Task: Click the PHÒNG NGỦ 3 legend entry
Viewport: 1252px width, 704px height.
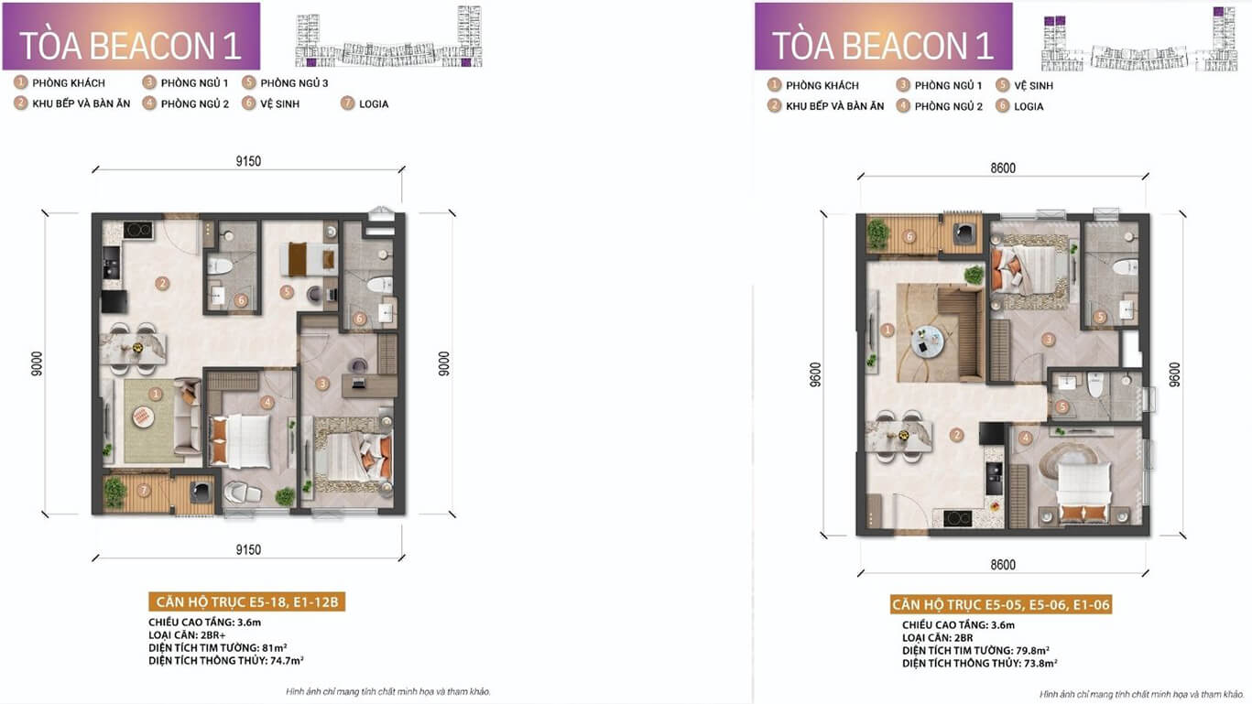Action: (285, 83)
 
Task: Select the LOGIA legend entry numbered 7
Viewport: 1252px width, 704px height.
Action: (365, 104)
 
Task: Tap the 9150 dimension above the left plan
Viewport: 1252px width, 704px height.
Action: (248, 161)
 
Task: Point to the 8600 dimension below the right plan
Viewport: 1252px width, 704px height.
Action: (1003, 565)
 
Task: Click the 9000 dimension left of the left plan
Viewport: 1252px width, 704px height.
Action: (37, 363)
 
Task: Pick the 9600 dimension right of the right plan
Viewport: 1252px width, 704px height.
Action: (1175, 374)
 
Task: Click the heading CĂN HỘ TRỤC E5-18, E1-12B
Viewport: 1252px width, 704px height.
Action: (247, 601)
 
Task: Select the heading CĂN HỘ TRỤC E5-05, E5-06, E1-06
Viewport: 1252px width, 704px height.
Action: (1001, 604)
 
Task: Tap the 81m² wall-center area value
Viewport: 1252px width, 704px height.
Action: (275, 648)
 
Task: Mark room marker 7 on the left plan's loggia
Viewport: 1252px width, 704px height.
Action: (144, 491)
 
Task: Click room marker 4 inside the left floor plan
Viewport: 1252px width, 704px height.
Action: (267, 402)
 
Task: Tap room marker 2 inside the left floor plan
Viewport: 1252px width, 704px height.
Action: (163, 283)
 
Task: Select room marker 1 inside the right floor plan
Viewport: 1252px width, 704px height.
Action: (887, 330)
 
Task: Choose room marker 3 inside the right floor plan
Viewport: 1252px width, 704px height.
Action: (1048, 339)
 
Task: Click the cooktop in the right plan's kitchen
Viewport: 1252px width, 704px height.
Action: (958, 518)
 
